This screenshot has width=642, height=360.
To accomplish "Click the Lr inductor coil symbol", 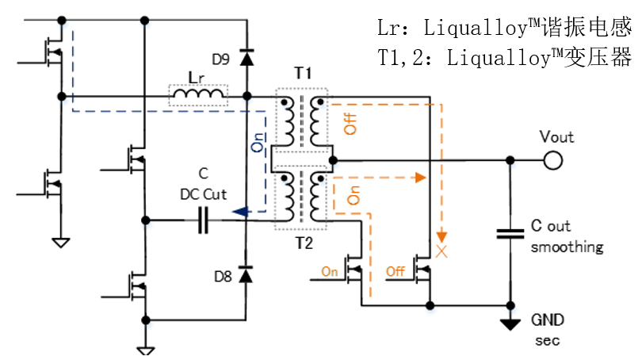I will (199, 96).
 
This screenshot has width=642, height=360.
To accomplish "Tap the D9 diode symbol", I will (246, 57).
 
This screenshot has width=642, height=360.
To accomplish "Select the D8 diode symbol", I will (246, 275).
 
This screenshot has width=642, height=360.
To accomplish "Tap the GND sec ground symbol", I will (510, 323).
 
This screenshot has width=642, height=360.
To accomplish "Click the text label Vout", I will (556, 136).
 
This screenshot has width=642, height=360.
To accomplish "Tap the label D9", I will (221, 58).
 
